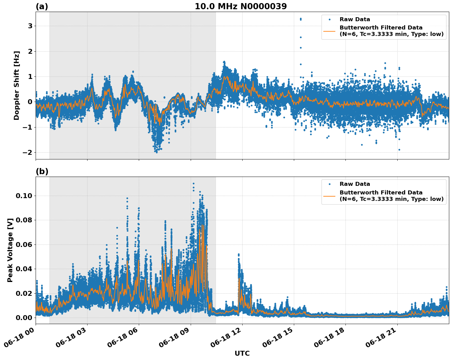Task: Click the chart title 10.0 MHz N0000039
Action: (x=240, y=6)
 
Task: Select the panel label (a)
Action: (x=42, y=6)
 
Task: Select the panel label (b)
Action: (x=42, y=171)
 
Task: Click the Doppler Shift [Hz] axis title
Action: (x=17, y=85)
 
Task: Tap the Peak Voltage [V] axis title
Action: (x=10, y=250)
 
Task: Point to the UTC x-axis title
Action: (x=242, y=353)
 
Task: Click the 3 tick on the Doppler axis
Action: (x=30, y=26)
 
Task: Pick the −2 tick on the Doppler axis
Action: (x=28, y=153)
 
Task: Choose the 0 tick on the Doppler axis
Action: (x=30, y=102)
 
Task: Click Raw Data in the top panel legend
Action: (x=355, y=19)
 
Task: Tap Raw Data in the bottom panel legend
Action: (x=355, y=184)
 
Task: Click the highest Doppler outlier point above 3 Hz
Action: (x=301, y=18)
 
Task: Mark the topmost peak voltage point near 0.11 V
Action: (x=193, y=184)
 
